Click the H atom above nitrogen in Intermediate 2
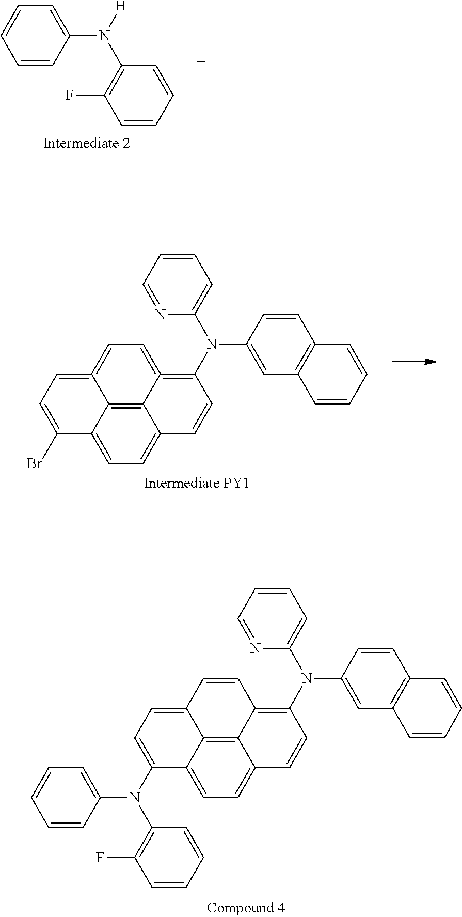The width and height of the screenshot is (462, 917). point(120,7)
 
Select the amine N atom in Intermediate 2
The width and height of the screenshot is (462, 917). point(105,36)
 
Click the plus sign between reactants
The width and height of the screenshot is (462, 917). point(201,62)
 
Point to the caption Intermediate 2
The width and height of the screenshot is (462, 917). point(87,143)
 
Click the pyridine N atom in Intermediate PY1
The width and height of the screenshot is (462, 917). point(160,315)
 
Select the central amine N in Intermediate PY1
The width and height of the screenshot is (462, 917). point(211,344)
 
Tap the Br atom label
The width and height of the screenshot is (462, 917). point(34,464)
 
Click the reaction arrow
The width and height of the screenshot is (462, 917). point(414,362)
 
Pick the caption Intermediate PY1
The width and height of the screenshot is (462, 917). point(196,483)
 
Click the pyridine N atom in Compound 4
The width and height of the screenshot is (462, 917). point(255,649)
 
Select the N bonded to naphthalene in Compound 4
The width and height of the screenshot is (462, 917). point(307,678)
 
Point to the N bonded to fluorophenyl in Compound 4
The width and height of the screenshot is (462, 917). point(135,798)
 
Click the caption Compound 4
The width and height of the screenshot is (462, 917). point(246,907)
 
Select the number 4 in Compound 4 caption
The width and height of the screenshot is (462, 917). point(281,907)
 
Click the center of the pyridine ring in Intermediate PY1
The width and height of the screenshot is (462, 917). point(178,285)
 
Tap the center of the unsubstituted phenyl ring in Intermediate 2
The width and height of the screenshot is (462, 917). point(36,36)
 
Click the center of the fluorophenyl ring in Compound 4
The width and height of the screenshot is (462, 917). point(169,858)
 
